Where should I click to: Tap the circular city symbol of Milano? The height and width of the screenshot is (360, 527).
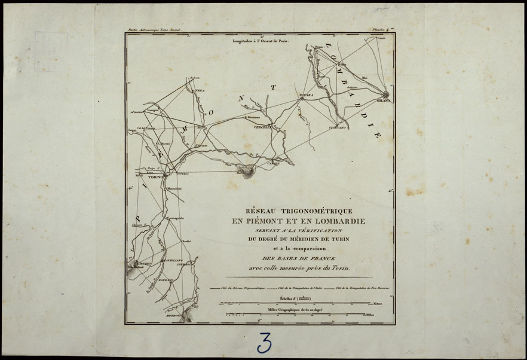tap(386, 94)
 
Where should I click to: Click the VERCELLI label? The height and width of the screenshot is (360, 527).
tap(263, 127)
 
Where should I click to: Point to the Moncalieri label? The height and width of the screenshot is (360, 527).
tap(174, 189)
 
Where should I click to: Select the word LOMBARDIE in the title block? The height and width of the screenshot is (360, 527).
tap(340, 221)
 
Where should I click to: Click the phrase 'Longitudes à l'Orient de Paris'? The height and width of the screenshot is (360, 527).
tap(260, 42)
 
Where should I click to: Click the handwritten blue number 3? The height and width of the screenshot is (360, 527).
tap(264, 342)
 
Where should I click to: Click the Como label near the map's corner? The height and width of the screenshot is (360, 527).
tap(381, 38)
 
